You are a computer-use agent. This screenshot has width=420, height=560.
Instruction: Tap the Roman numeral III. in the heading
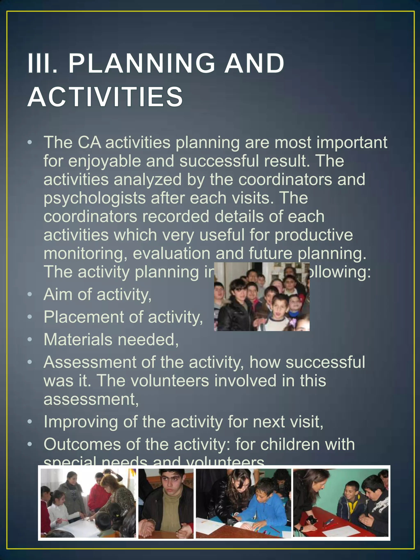(x=42, y=63)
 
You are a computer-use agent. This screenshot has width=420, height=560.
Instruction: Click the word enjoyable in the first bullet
(x=104, y=161)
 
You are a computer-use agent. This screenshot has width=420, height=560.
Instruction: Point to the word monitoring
(x=85, y=253)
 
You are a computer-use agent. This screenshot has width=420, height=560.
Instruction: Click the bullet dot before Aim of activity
(x=30, y=294)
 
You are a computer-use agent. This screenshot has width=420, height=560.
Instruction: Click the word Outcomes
(x=82, y=444)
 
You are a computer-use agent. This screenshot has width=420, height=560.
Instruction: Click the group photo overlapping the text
(x=261, y=297)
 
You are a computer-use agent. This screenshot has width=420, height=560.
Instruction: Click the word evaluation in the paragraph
(x=171, y=253)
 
